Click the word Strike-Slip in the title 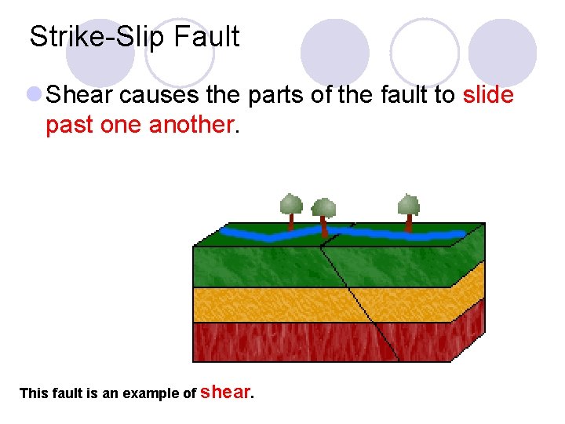(99, 37)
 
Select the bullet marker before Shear (34, 96)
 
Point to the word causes (154, 96)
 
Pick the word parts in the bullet (275, 96)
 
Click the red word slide (488, 96)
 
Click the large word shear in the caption (226, 391)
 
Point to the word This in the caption (35, 393)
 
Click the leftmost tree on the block (291, 208)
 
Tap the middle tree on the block (323, 213)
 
